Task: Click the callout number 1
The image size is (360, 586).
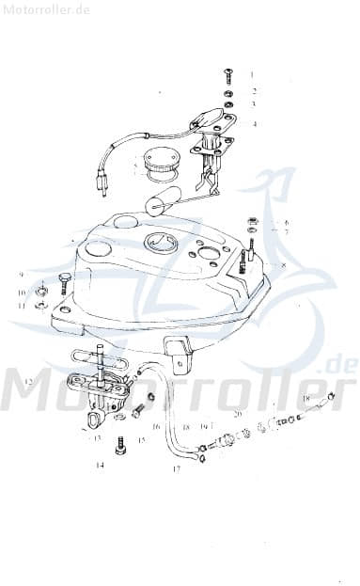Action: [252, 73]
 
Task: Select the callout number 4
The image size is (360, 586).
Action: [253, 123]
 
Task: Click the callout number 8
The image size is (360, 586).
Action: [284, 266]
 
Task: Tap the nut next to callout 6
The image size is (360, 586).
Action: [252, 223]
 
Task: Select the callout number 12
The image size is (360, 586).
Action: [29, 381]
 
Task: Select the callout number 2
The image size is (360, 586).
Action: [253, 91]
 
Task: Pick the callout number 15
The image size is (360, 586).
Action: [142, 439]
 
